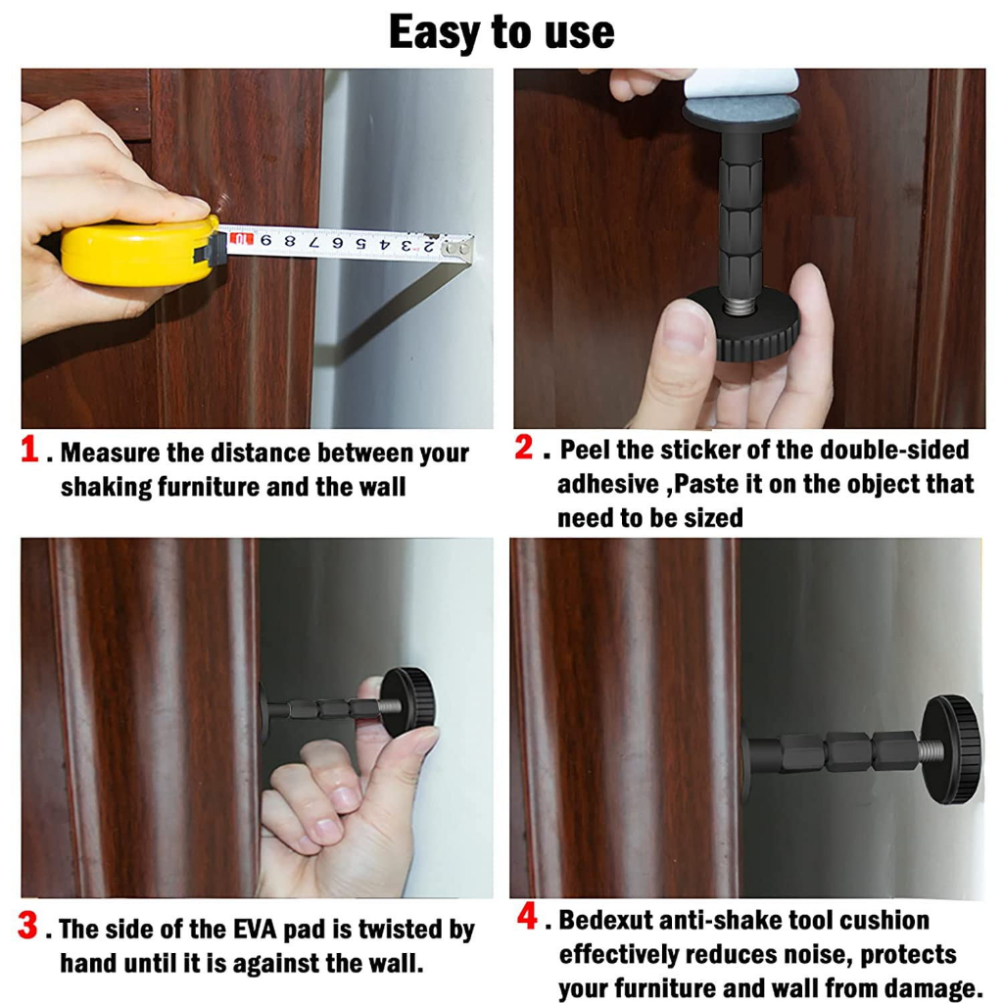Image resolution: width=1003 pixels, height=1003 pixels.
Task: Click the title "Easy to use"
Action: point(501,32)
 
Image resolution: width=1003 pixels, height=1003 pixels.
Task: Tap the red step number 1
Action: point(29,449)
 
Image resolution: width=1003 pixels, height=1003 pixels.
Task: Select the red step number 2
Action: point(523,447)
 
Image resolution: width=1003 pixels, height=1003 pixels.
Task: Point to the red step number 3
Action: point(27,925)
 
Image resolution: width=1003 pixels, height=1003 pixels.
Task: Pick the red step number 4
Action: point(527,916)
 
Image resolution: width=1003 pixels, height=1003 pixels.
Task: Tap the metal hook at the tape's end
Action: point(460,248)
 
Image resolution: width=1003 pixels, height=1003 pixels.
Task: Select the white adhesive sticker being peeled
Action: point(740,83)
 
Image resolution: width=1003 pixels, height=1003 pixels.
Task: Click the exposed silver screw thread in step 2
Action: point(740,306)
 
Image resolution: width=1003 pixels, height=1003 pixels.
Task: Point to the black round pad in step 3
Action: point(409,701)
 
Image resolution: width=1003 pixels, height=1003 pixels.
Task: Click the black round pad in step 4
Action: point(952,748)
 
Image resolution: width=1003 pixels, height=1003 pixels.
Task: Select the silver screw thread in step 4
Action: point(931,749)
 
